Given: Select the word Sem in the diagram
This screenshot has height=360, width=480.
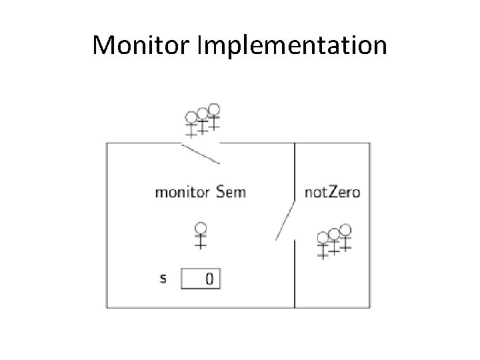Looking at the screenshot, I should pos(231,193).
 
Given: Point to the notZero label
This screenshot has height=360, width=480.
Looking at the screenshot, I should pos(332,193).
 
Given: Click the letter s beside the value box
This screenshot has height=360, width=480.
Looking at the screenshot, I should pos(163,278).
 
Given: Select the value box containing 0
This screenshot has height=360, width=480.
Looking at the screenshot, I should pos(201,279).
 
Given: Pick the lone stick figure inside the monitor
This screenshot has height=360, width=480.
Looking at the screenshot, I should pos(200,235).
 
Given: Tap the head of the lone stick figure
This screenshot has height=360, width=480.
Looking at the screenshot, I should pos(200,227).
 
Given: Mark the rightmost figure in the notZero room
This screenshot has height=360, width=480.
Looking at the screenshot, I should pos(345,239).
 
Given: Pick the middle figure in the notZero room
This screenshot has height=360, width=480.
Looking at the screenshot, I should pos(334,242).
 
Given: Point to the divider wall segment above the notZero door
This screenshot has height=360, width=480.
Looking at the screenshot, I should pos(295,170).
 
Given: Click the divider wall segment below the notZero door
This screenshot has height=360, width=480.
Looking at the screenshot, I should pos(295,273).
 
